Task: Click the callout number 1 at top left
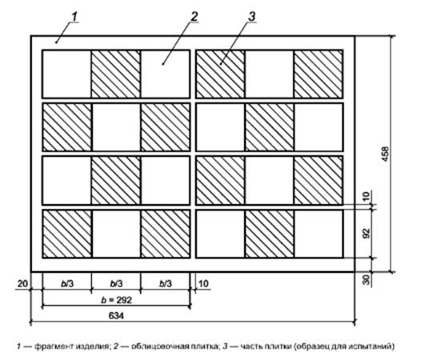74,17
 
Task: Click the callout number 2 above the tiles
194,17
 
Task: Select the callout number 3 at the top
252,17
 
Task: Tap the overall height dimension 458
385,154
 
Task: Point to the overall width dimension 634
116,315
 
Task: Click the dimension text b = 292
116,300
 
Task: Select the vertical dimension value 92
367,234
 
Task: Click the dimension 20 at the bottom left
22,284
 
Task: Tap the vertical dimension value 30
367,279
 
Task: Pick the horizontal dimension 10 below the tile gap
203,284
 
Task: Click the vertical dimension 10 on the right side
367,196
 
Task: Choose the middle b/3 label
116,284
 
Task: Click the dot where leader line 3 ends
221,64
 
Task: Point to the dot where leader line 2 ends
163,64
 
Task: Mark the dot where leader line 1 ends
56,42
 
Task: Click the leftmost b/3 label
67,284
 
